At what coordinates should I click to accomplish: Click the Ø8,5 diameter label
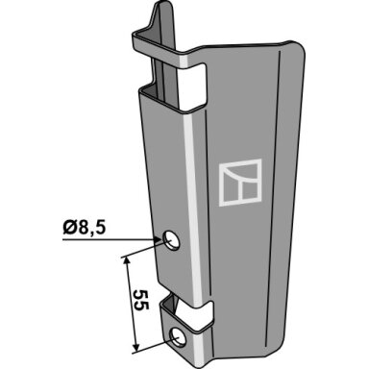(x=85, y=228)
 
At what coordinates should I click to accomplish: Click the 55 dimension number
(x=141, y=300)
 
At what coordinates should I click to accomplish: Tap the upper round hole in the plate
(x=171, y=240)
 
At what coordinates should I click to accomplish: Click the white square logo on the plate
(x=240, y=183)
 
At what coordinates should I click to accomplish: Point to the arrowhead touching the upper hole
(x=159, y=239)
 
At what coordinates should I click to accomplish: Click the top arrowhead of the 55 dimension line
(x=127, y=261)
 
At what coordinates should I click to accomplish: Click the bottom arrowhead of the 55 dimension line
(x=135, y=347)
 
